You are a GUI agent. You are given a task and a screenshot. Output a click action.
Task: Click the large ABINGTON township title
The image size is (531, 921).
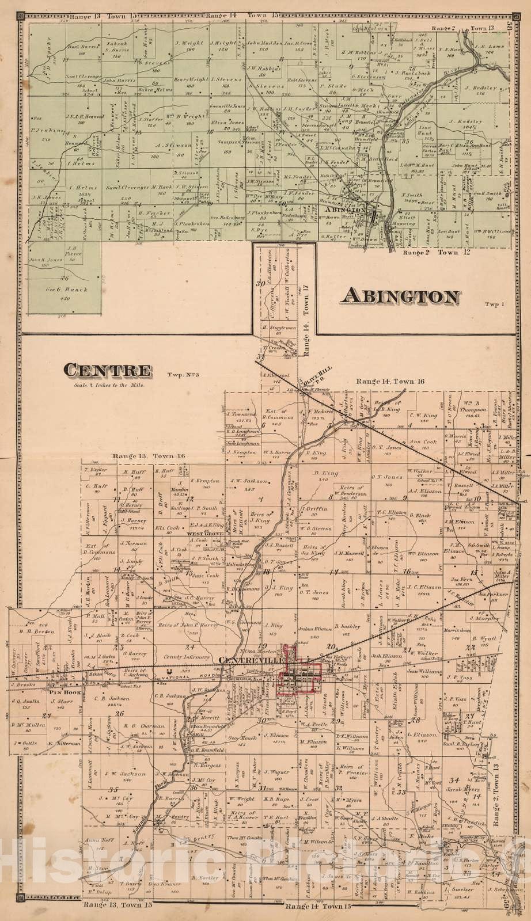coord(401,296)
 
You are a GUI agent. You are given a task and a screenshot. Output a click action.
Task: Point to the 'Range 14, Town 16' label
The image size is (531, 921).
coord(390,380)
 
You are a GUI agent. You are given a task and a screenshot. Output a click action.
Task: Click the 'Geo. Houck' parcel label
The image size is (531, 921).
coord(237,737)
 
